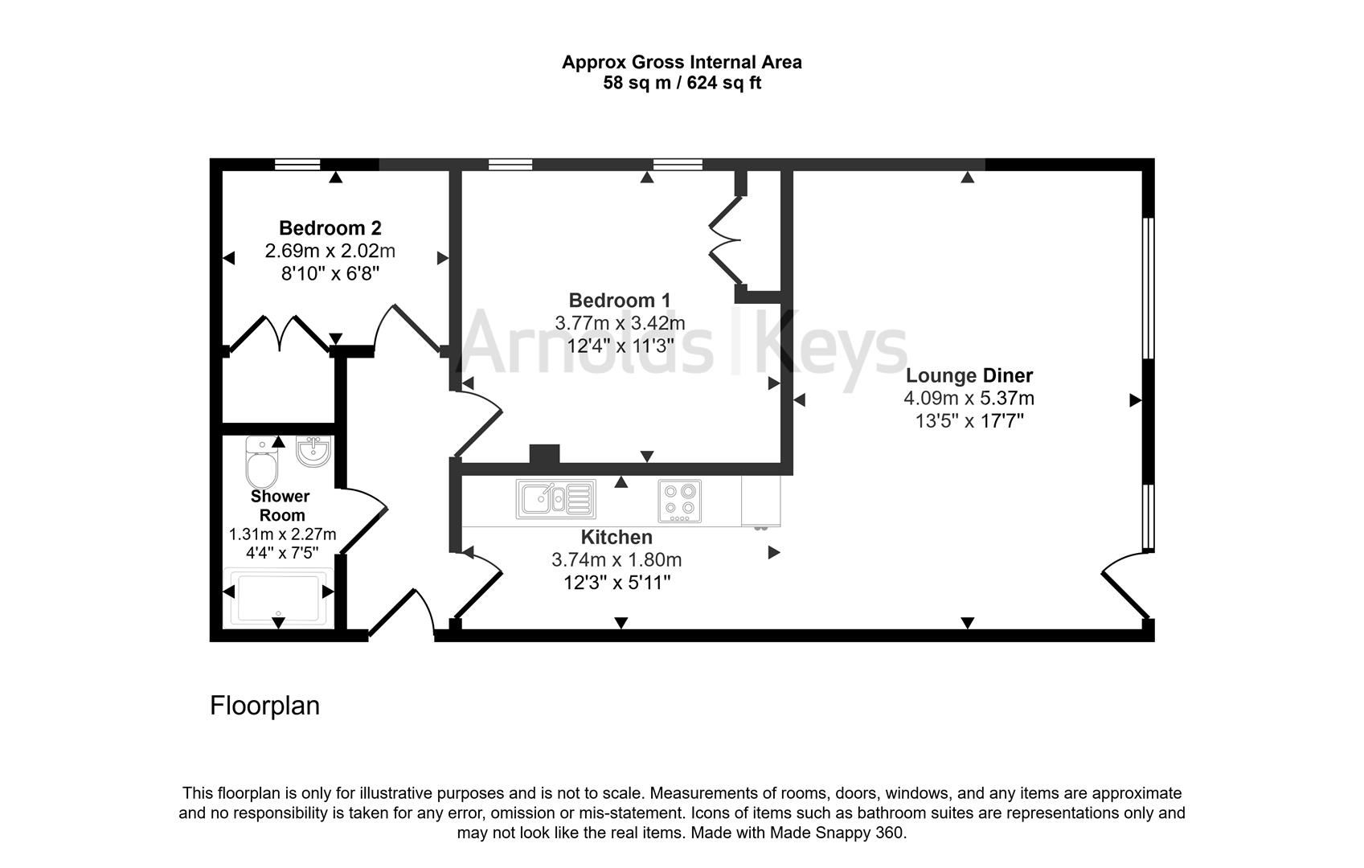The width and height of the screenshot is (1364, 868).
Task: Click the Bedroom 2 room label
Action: (330, 228)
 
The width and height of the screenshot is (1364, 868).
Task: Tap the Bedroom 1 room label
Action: (619, 301)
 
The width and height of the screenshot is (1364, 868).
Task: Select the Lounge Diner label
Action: (969, 375)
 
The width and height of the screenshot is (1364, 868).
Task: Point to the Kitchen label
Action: (616, 537)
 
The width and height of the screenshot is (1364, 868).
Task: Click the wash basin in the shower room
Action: (312, 452)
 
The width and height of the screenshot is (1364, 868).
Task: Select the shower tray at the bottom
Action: (278, 597)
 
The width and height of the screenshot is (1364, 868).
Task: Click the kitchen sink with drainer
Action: (556, 499)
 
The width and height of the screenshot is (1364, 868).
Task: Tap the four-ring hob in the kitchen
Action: (680, 501)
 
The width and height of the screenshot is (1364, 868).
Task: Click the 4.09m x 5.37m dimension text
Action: (969, 398)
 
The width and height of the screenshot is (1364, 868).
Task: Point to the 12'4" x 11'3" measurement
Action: (619, 346)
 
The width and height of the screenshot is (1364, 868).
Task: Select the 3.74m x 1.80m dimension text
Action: (616, 559)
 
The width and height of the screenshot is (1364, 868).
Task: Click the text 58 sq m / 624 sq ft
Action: (682, 83)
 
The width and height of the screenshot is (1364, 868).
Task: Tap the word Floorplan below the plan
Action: (264, 706)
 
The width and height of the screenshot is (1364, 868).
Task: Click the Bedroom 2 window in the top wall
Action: (297, 165)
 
